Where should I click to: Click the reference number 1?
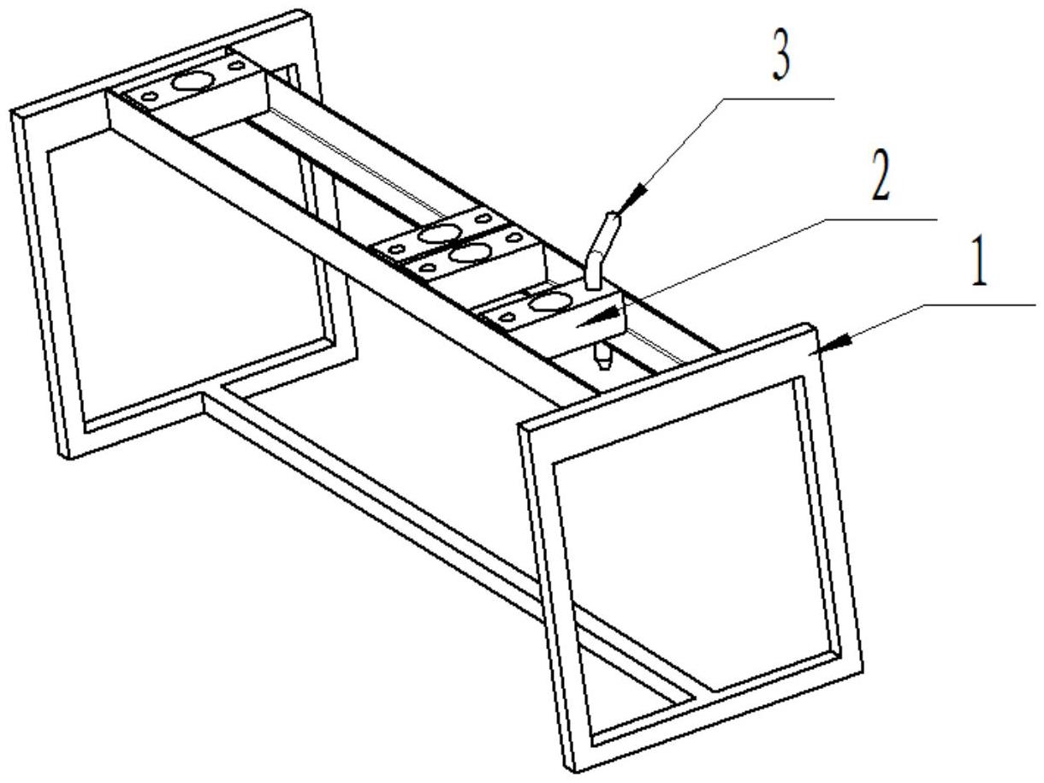[x=981, y=267]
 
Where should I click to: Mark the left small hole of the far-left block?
[x=150, y=97]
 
